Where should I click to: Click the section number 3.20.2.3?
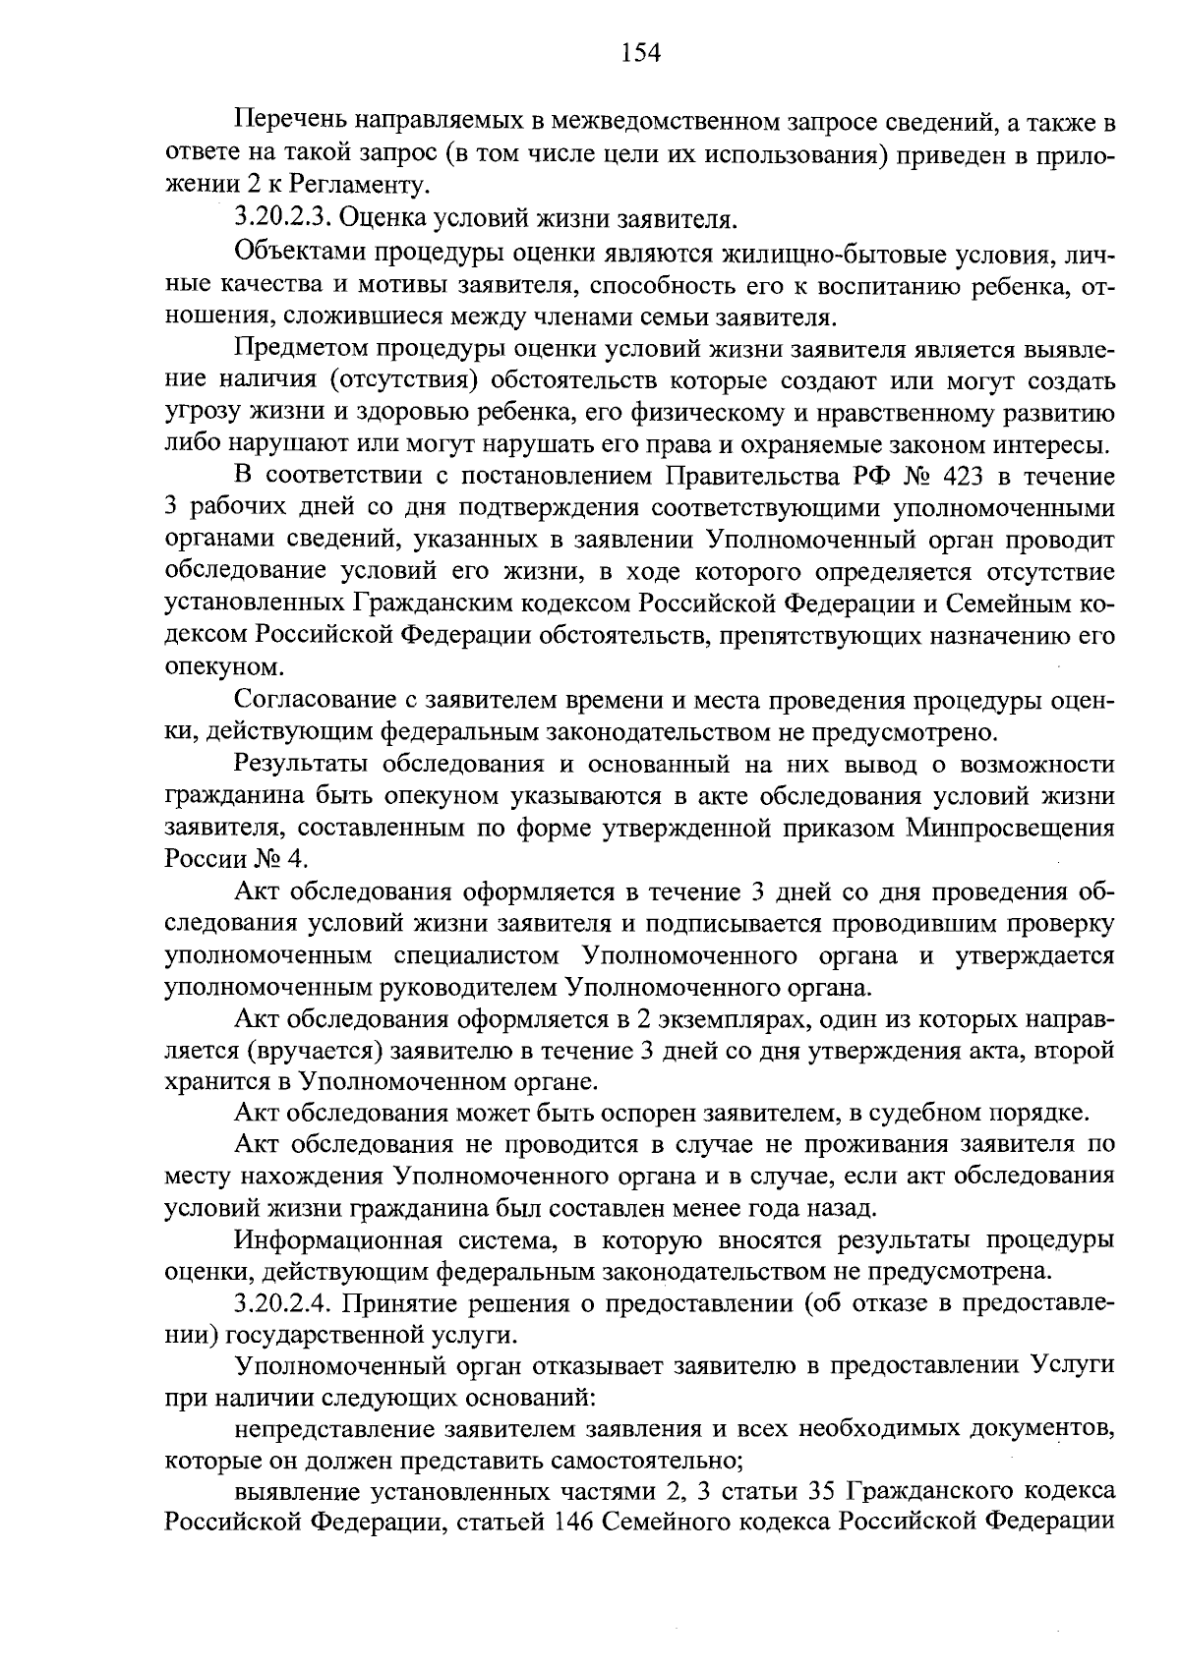(x=286, y=216)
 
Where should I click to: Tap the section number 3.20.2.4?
(x=286, y=1304)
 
